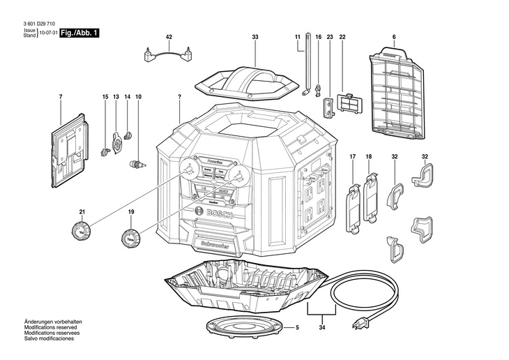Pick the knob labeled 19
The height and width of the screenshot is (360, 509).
tap(130, 238)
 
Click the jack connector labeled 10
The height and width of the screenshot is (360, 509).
tap(137, 165)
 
